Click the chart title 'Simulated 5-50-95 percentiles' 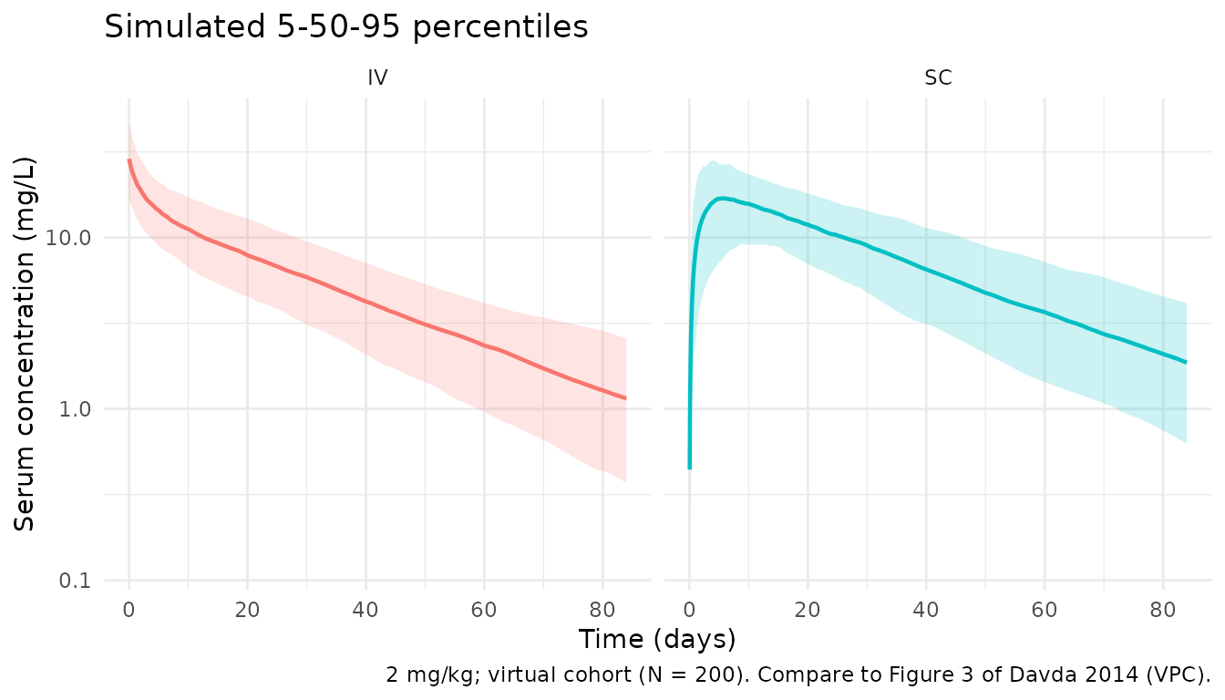pos(346,26)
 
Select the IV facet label pos(377,78)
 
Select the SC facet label pos(938,78)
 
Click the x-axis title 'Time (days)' pos(656,639)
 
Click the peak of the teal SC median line pos(722,198)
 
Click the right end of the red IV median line pos(625,398)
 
